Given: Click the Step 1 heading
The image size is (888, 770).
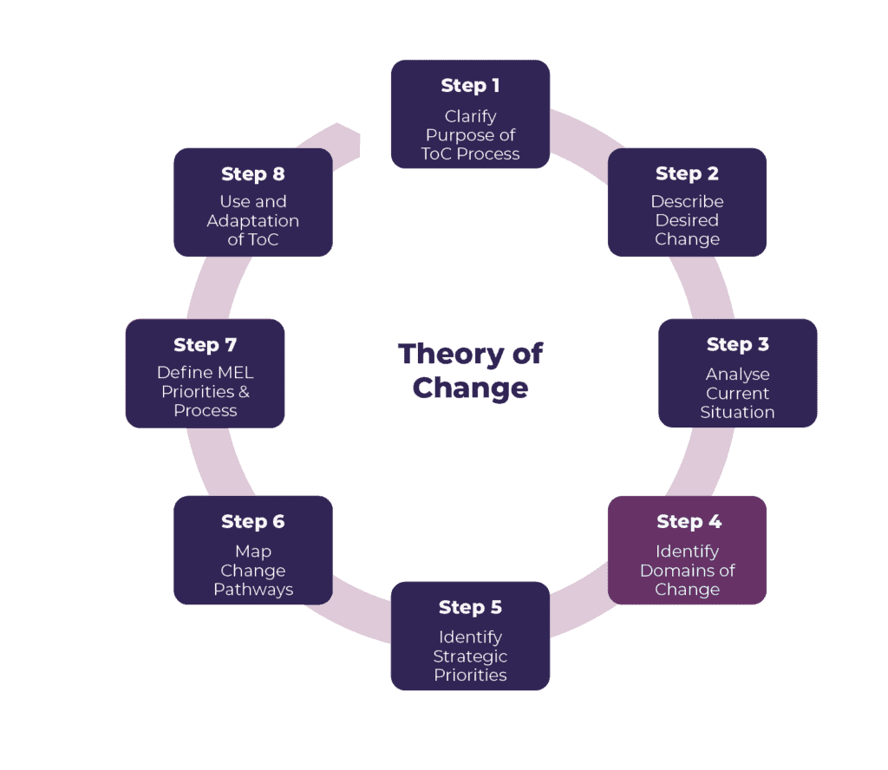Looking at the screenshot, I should [x=470, y=85].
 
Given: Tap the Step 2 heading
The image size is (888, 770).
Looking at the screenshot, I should [x=687, y=173].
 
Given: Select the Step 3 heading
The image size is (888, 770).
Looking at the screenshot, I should [x=737, y=344].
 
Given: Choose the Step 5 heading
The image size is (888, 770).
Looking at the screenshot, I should [x=470, y=607].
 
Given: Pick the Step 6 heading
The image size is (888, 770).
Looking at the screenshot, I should [x=252, y=521].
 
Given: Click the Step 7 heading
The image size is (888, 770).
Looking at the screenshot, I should [x=205, y=344].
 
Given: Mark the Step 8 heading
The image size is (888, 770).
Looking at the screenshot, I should [x=252, y=173].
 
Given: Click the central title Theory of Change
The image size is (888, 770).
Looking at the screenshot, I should [x=470, y=370].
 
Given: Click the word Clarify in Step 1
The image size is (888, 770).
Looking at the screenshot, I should [x=470, y=116].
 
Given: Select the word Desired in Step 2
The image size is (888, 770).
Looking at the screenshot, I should [x=687, y=220].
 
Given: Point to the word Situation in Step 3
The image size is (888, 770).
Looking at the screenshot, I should [x=737, y=412].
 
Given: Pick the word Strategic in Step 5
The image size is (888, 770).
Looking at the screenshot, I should [x=470, y=656].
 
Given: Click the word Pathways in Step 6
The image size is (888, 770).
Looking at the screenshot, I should [x=253, y=590].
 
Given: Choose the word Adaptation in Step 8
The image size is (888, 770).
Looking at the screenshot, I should [x=252, y=221].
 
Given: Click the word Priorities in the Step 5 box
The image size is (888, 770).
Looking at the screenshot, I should [x=470, y=675].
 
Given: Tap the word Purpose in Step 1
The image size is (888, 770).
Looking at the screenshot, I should [x=470, y=135].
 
